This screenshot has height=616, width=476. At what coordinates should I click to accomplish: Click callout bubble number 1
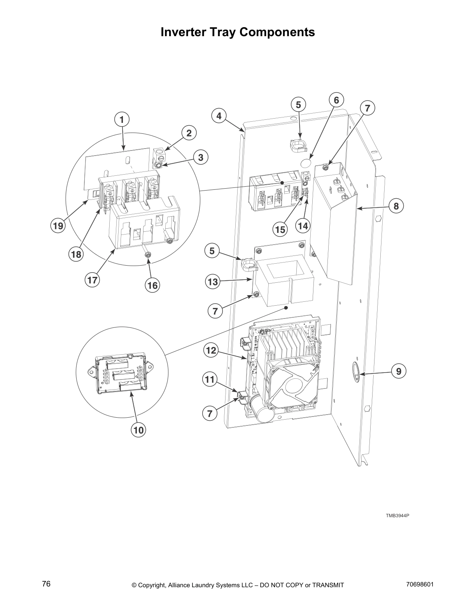point(122,119)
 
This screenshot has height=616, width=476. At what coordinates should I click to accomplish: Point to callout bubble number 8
point(396,206)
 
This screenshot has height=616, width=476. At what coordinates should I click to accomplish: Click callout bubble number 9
point(399,371)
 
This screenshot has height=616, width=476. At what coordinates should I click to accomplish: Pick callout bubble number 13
point(213,282)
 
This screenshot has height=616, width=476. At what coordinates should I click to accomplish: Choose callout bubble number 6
point(336,100)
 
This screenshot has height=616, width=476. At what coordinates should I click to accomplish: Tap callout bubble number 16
point(152,285)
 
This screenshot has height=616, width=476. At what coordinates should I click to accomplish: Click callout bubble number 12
point(211,350)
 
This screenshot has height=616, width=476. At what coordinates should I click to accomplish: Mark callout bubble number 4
point(219,115)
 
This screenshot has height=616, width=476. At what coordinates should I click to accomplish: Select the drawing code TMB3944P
point(397,516)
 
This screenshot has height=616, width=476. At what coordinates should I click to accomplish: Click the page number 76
point(46,584)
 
